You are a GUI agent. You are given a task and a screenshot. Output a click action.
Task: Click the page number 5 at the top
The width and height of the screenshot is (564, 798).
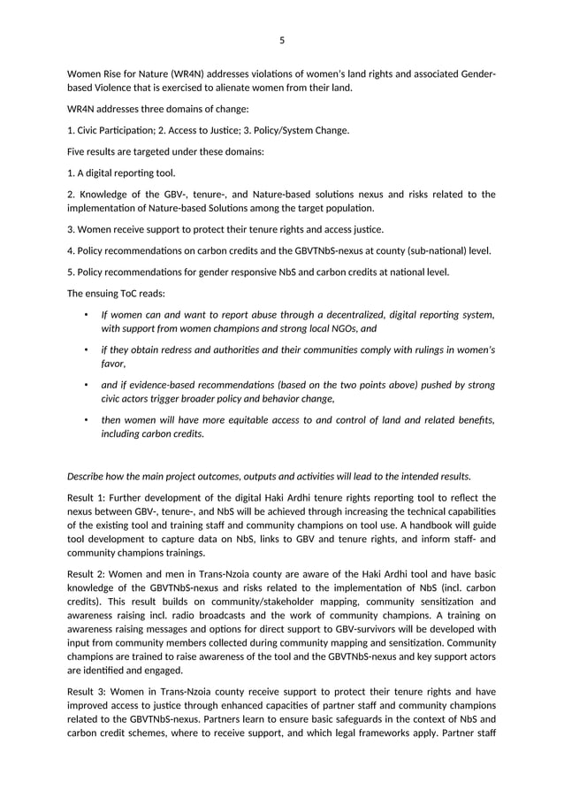(282, 40)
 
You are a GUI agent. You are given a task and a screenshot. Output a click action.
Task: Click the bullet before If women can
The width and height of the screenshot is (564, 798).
(85, 314)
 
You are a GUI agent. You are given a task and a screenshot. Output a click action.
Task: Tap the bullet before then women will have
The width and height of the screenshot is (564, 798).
(85, 420)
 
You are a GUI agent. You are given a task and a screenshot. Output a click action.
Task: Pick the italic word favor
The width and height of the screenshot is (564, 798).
(112, 364)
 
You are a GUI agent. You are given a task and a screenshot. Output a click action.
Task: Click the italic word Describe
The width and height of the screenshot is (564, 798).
(90, 476)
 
